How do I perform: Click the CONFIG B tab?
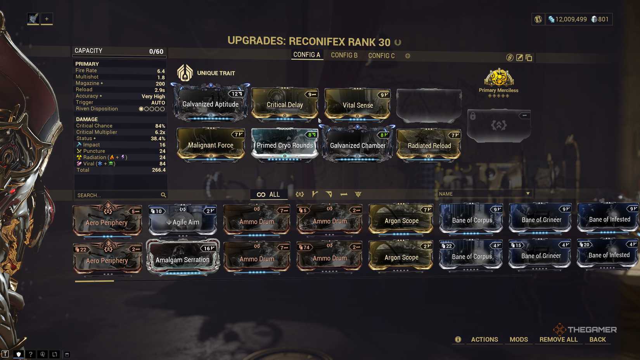[x=344, y=55]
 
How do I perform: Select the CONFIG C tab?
[x=381, y=56]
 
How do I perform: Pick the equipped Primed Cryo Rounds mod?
[x=285, y=145]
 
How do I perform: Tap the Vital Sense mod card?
[x=358, y=104]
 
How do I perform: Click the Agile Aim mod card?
[x=183, y=221]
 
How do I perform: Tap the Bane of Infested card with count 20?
[x=609, y=254]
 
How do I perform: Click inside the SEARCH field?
[x=116, y=195]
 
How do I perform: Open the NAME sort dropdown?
[x=484, y=194]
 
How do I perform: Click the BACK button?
[x=597, y=339]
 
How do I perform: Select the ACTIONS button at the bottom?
[x=484, y=339]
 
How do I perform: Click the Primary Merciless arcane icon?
[x=499, y=78]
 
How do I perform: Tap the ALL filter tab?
[x=268, y=194]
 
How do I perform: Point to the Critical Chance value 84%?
[x=160, y=126]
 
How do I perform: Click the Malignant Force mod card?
[x=211, y=144]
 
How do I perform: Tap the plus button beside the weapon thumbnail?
[x=47, y=19]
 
